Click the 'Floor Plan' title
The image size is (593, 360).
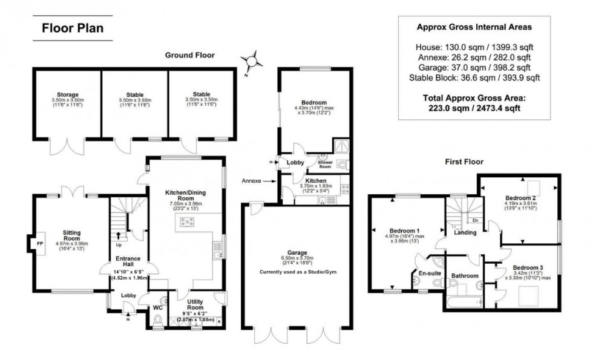pyautogui.click(x=72, y=28)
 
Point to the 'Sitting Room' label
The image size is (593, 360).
pyautogui.click(x=76, y=235)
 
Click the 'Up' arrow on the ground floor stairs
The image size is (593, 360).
pyautogui.click(x=117, y=237)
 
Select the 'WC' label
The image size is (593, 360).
pyautogui.click(x=157, y=307)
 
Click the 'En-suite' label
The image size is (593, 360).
pyautogui.click(x=429, y=273)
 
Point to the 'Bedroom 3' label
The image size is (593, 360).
pyautogui.click(x=528, y=267)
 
